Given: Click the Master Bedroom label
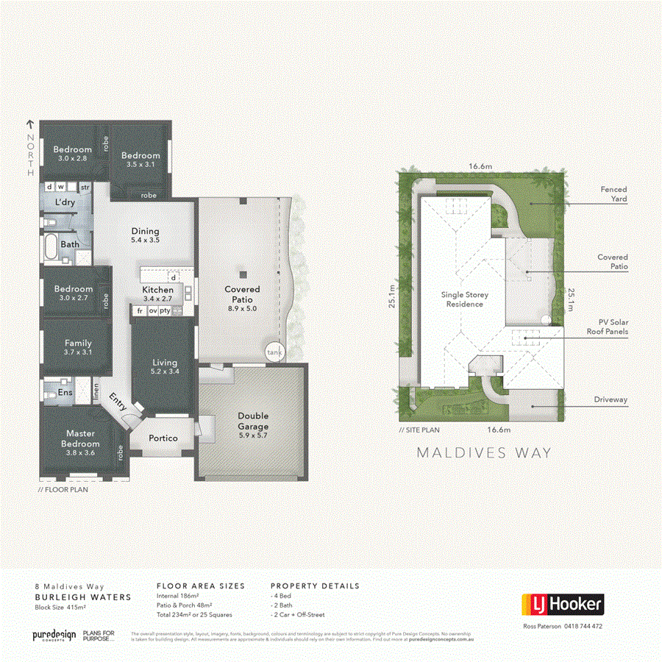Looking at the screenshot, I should [80, 438].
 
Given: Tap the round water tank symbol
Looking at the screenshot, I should [274, 352].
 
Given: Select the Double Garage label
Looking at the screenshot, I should [252, 421].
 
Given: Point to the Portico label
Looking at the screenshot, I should [163, 438].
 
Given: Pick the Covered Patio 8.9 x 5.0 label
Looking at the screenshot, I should [242, 294].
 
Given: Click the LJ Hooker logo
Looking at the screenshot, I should [563, 605].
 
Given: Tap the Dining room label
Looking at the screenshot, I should [145, 235].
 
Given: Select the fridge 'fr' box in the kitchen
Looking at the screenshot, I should [138, 311].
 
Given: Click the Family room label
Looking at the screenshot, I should [78, 347].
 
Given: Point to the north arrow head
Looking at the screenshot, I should [30, 124].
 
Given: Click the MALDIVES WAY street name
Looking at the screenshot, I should [483, 453].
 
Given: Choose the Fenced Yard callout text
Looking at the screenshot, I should [613, 194].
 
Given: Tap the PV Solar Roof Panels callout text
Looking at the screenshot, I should [612, 327].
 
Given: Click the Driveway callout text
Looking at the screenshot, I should [611, 399].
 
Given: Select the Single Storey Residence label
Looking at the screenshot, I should [464, 299].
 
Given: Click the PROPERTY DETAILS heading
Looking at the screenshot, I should [315, 586].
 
